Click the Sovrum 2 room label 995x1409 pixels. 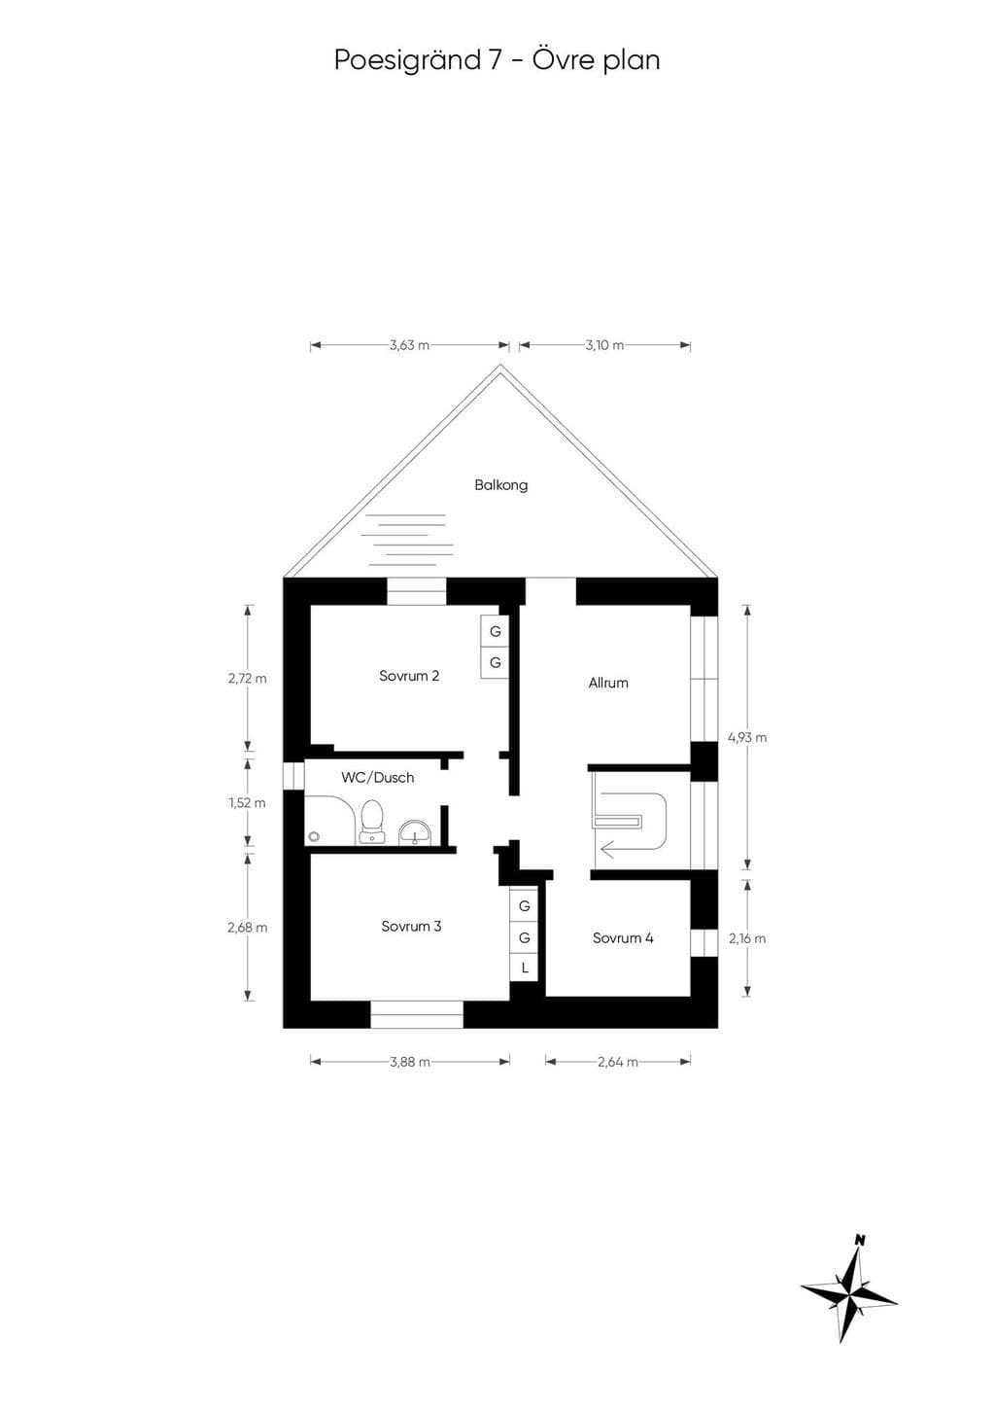[409, 676]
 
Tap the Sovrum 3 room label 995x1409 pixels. [411, 926]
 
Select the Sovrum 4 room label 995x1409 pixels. [623, 937]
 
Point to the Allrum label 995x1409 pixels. [608, 683]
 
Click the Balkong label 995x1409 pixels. [501, 485]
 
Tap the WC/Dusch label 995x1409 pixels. [378, 778]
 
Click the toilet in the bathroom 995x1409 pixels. [371, 822]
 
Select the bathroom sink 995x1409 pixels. [414, 831]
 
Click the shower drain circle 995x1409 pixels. [314, 836]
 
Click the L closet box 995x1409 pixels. [524, 969]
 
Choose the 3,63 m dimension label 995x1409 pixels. [409, 344]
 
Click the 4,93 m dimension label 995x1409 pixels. [747, 737]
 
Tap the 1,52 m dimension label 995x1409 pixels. [247, 802]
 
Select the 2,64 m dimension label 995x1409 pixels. [618, 1062]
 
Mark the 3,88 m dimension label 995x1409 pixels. [410, 1062]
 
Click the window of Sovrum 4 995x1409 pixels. [703, 942]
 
